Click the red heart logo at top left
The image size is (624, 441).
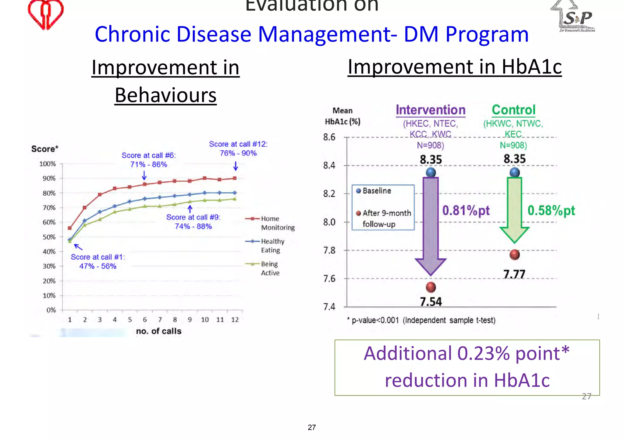(46, 14)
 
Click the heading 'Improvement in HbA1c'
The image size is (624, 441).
(454, 67)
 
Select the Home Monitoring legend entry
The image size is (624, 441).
(270, 223)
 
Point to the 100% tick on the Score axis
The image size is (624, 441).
(48, 164)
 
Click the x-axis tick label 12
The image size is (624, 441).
(235, 320)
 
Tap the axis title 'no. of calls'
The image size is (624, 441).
(158, 331)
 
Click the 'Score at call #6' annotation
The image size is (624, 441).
(149, 160)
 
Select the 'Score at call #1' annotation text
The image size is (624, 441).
(98, 261)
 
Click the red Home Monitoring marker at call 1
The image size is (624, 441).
(70, 228)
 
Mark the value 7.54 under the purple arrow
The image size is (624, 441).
(431, 302)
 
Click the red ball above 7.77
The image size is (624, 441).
(514, 254)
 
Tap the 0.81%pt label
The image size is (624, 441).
(466, 211)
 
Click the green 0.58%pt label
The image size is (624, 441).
(551, 211)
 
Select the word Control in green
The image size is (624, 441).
(513, 110)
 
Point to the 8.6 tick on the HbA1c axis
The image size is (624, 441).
(329, 137)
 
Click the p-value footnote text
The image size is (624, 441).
(422, 320)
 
